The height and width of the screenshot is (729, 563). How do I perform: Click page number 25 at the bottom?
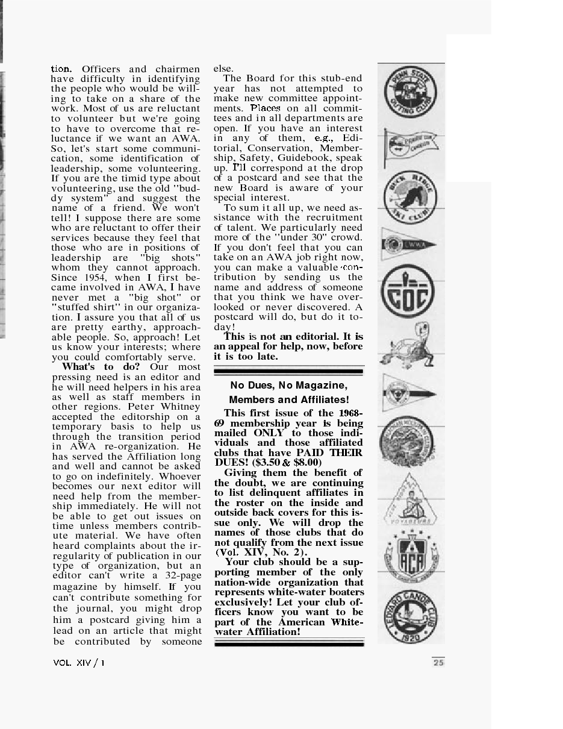pyautogui.click(x=438, y=663)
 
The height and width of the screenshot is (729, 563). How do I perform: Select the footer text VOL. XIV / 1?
pyautogui.click(x=78, y=663)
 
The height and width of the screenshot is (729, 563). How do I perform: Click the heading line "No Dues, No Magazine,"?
pyautogui.click(x=288, y=385)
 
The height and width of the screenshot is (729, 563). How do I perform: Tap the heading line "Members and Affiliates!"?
pyautogui.click(x=289, y=400)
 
